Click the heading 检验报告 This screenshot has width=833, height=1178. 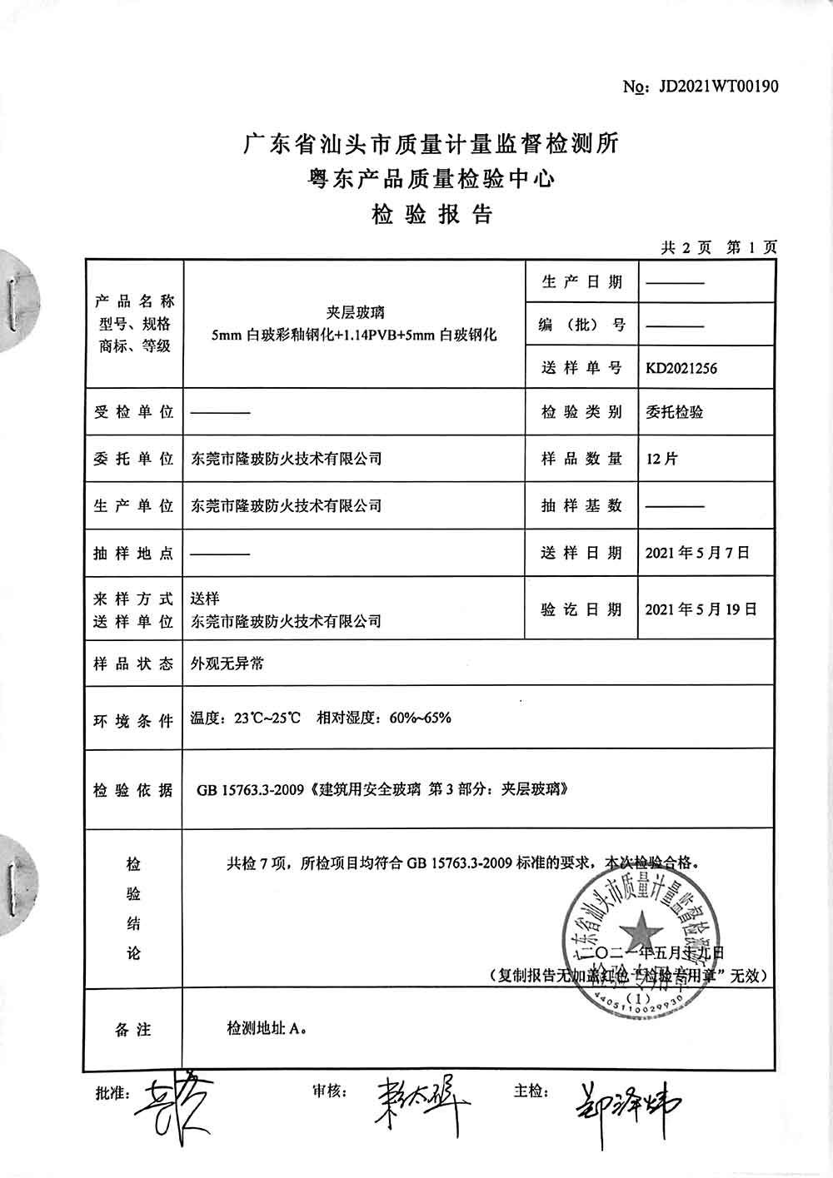(x=431, y=216)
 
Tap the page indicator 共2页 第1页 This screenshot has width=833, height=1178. (x=718, y=247)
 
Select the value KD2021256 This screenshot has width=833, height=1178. (x=681, y=369)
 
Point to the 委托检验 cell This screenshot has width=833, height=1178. (x=674, y=412)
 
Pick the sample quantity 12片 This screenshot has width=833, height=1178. (x=661, y=459)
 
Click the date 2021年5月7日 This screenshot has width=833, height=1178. (x=697, y=552)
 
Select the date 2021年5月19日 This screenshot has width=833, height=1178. (x=701, y=609)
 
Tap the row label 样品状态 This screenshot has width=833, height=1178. (x=133, y=664)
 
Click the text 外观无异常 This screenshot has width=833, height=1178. (x=227, y=664)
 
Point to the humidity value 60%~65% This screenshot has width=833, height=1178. (x=420, y=718)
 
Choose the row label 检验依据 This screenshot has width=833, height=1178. (x=133, y=790)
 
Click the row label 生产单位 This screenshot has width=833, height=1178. (x=133, y=505)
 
